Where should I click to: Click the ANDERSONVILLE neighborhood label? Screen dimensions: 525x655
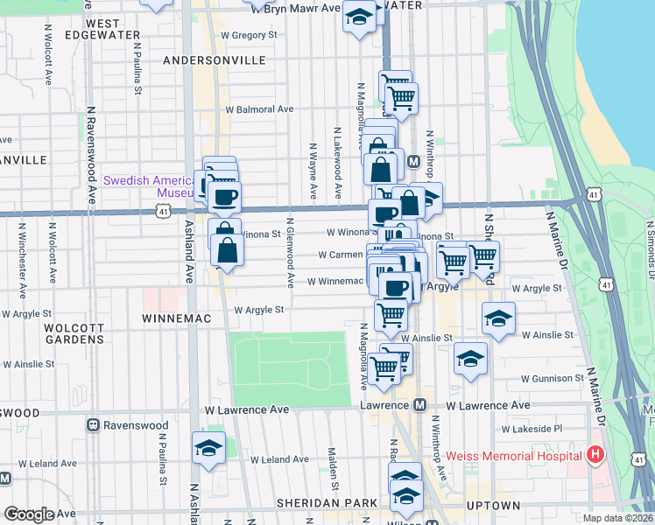(x=215, y=60)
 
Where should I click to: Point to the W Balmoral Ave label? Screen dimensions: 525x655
(x=259, y=110)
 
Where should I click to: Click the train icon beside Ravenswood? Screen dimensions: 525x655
(x=92, y=425)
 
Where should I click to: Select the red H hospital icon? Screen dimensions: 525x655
(x=595, y=455)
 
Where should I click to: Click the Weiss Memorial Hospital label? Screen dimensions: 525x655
(x=513, y=455)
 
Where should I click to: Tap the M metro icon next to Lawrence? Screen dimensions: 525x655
(x=419, y=405)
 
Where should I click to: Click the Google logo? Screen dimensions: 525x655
(x=29, y=514)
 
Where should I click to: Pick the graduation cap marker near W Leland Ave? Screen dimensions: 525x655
(x=208, y=449)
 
